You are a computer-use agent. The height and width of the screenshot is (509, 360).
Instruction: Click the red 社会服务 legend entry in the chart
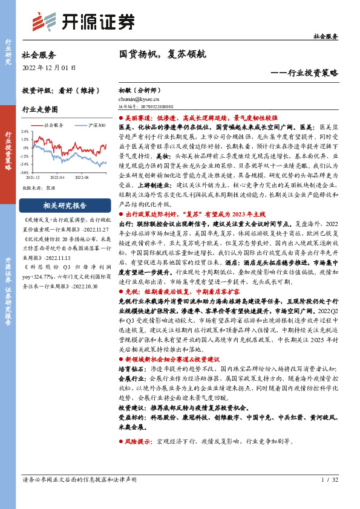coord(52,125)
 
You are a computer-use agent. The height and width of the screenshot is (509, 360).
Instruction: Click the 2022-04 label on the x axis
coord(56,178)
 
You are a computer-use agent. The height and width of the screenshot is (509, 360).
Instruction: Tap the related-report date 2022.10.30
coord(84,287)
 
